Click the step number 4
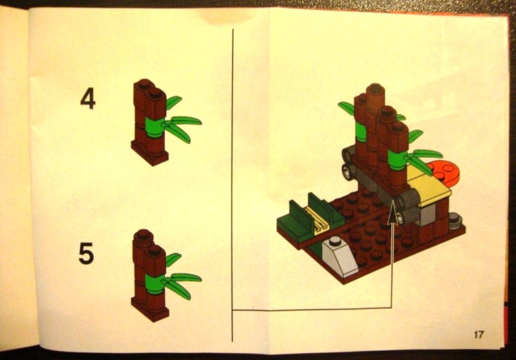pyautogui.click(x=88, y=99)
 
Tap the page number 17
pyautogui.click(x=479, y=334)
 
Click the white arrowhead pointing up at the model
pyautogui.click(x=392, y=215)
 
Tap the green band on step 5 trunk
pyautogui.click(x=153, y=283)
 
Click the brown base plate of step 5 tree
pyautogui.click(x=150, y=309)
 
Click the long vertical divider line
pyautogui.click(x=232, y=185)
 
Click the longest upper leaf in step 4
pyautogui.click(x=186, y=120)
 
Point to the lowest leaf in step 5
pyautogui.click(x=178, y=289)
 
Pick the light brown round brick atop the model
pyautogui.click(x=376, y=95)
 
